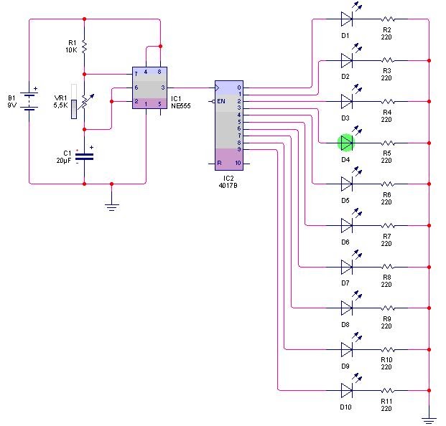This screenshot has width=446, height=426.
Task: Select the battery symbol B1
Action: tap(29, 100)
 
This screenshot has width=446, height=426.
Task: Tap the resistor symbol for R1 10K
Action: tap(85, 47)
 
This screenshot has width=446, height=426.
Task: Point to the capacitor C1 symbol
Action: tap(85, 155)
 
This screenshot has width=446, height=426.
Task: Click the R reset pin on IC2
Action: tap(219, 164)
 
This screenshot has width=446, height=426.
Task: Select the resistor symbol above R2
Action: tap(388, 18)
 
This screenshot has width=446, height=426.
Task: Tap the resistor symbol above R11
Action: tap(388, 391)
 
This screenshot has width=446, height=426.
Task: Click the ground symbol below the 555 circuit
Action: tap(111, 206)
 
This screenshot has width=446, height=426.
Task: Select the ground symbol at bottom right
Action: tap(429, 418)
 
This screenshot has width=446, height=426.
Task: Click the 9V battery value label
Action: tap(11, 105)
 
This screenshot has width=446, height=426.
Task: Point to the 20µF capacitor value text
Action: tap(64, 161)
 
